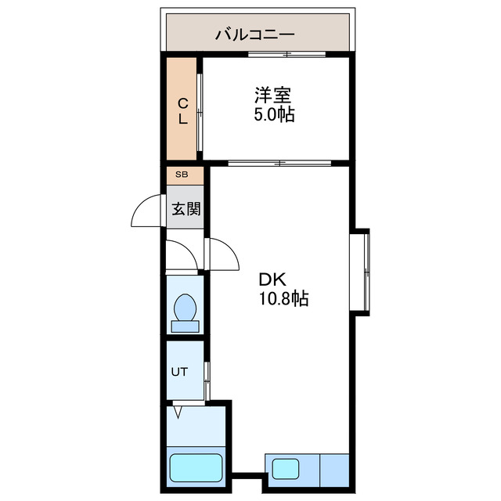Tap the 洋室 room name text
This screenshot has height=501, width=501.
pos(272,96)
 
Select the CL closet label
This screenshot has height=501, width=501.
pos(182,110)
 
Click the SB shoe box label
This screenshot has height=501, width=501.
pos(182,175)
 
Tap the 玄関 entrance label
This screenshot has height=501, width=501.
pos(186,209)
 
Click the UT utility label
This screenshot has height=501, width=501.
pos(179,371)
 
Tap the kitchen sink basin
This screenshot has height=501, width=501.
pos(281,470)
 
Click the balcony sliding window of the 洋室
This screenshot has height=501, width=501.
pos(287,54)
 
